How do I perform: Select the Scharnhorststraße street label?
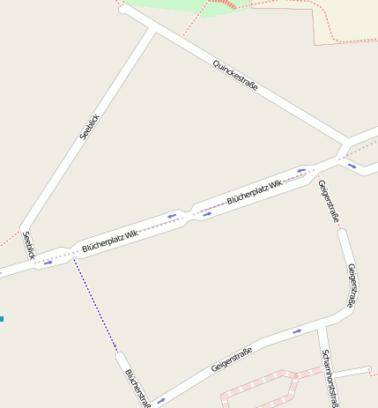[330, 377]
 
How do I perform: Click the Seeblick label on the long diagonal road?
[90, 127]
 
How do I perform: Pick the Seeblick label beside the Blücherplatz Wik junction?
[28, 244]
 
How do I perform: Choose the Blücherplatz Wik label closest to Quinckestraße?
[254, 192]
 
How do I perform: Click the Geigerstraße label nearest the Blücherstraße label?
[232, 360]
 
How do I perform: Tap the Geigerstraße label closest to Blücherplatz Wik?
[326, 199]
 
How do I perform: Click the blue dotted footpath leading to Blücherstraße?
[95, 308]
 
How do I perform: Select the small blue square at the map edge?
[2, 318]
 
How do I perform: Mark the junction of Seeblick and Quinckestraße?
[154, 32]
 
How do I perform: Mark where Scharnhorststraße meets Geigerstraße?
[322, 329]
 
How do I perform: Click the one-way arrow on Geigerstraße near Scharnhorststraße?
[297, 331]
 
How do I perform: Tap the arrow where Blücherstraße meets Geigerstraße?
[160, 401]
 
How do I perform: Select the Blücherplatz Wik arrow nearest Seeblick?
[48, 262]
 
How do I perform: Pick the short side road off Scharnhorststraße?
[352, 372]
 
